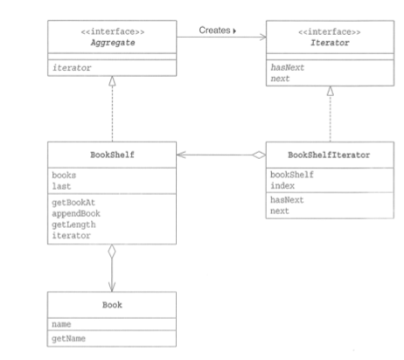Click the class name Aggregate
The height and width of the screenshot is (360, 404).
[x=115, y=41]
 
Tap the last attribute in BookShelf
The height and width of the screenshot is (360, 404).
[x=64, y=185]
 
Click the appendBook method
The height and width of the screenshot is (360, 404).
[x=75, y=213]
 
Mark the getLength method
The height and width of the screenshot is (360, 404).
[x=73, y=224]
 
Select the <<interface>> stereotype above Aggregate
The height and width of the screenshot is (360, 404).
[x=115, y=31]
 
